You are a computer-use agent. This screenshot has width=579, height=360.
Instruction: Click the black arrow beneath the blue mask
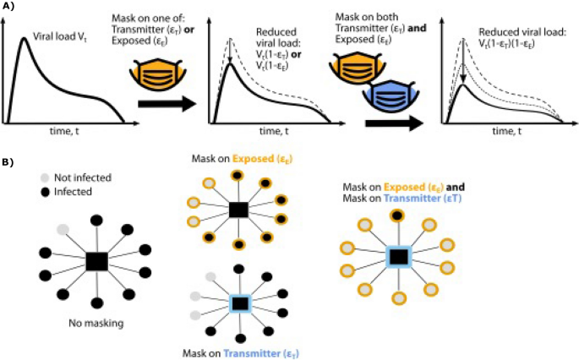click(394, 123)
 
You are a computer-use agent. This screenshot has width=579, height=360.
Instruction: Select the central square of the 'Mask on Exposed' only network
click(238, 210)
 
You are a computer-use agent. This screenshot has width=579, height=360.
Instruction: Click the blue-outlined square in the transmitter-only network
click(239, 301)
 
